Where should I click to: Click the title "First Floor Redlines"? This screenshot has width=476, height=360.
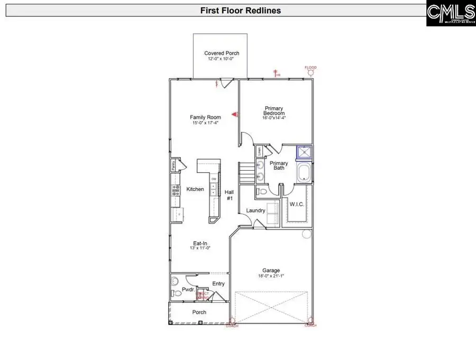point(241,10)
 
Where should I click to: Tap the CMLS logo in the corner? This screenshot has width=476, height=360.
point(451,13)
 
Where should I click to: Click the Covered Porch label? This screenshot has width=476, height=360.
point(222,53)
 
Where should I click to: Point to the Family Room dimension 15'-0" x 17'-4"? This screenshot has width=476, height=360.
point(206,123)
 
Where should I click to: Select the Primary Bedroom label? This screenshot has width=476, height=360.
point(274,110)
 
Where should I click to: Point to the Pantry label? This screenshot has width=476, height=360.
point(173,165)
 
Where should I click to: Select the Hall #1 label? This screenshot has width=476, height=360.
point(229,195)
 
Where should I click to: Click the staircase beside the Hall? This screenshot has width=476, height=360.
point(247,172)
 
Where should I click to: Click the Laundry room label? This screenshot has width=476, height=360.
point(255,210)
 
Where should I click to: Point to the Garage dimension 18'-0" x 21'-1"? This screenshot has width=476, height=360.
point(270,276)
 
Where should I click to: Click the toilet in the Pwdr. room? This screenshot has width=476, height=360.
point(175,290)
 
